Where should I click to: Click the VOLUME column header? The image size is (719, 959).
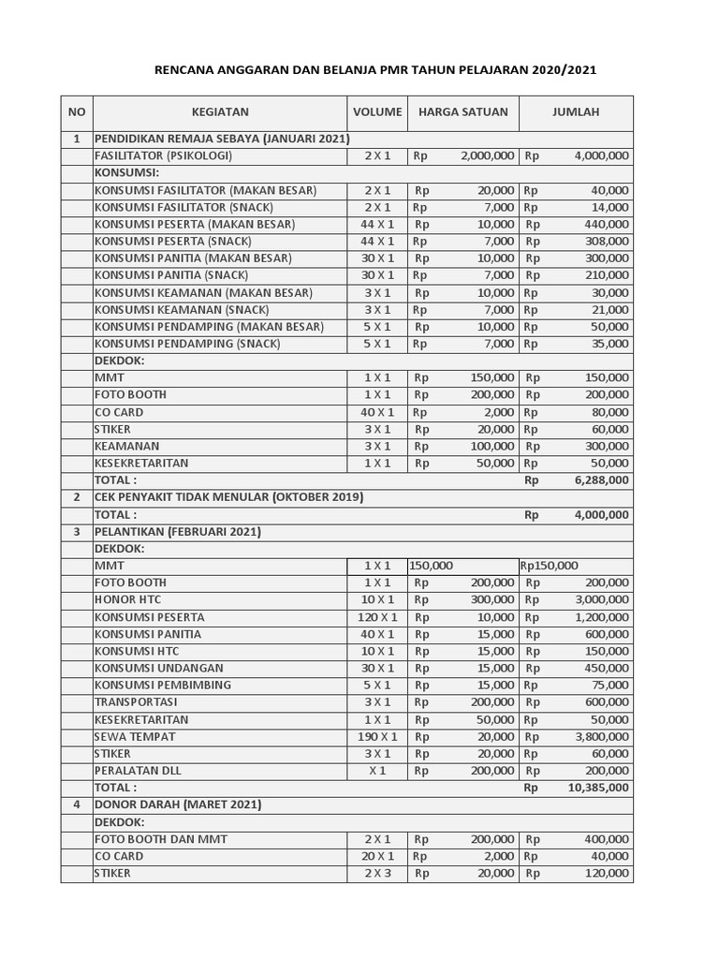tap(377, 112)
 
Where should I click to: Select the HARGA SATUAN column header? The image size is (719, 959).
tap(462, 112)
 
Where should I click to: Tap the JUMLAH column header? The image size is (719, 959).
tap(575, 112)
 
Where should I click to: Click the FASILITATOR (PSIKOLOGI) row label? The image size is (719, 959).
tap(163, 156)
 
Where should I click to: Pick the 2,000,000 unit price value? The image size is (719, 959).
tap(487, 156)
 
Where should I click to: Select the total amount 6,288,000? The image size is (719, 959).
tap(601, 480)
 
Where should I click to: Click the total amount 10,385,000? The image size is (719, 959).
tap(597, 788)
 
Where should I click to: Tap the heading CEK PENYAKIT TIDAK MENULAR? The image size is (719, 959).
tap(228, 497)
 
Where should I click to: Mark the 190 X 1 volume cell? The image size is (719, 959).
tap(378, 737)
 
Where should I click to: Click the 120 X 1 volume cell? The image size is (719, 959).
tap(378, 617)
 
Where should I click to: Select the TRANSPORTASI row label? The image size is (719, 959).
tap(136, 702)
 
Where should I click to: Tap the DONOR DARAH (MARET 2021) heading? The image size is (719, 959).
tap(178, 804)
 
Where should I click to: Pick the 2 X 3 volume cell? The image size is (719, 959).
tap(378, 874)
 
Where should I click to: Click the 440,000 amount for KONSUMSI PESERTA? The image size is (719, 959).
tap(609, 225)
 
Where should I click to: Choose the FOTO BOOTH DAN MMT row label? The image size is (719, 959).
tap(160, 839)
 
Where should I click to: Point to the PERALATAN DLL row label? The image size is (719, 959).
tap(138, 771)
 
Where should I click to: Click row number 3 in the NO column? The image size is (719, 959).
tap(77, 532)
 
